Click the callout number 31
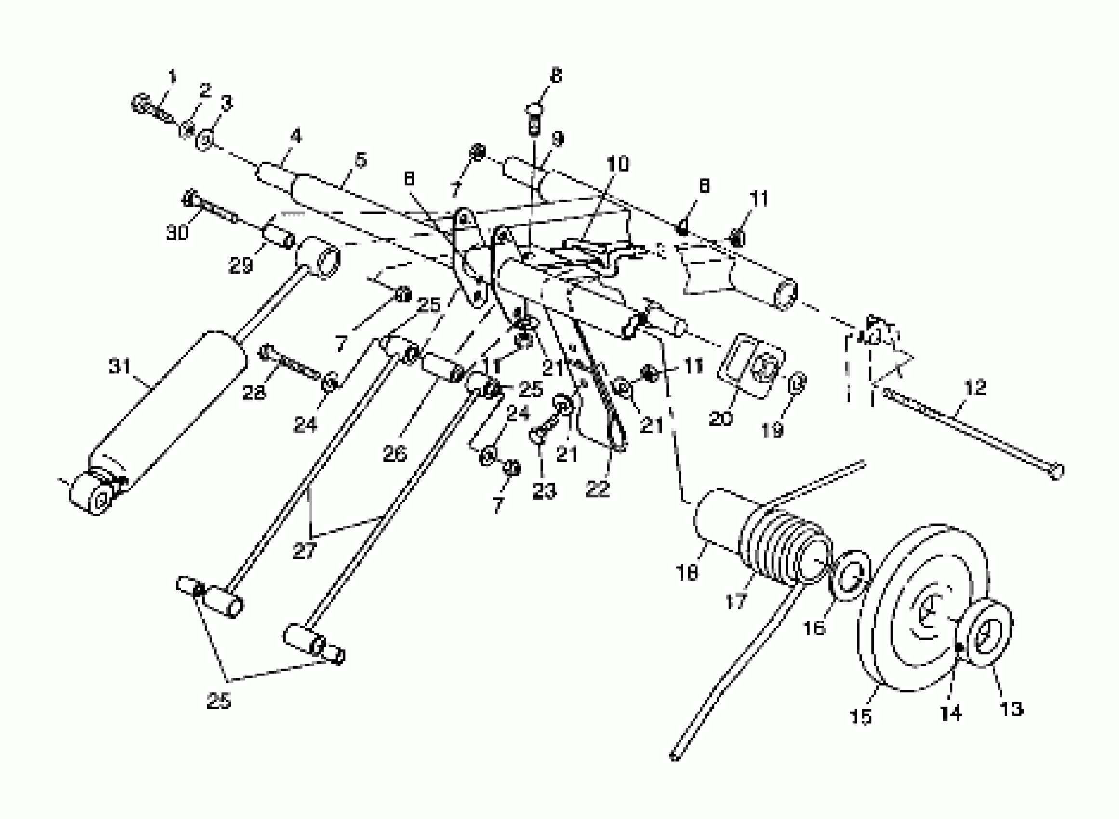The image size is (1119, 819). [x=119, y=368]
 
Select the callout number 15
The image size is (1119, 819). [x=860, y=717]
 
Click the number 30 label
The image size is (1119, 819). [x=177, y=232]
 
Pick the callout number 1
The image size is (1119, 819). [x=172, y=77]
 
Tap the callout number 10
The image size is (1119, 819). [x=618, y=163]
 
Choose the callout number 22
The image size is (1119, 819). [x=597, y=489]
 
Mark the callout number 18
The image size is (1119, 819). [x=686, y=573]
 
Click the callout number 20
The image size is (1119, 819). [x=720, y=419]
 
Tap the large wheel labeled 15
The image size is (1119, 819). [x=922, y=610]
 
